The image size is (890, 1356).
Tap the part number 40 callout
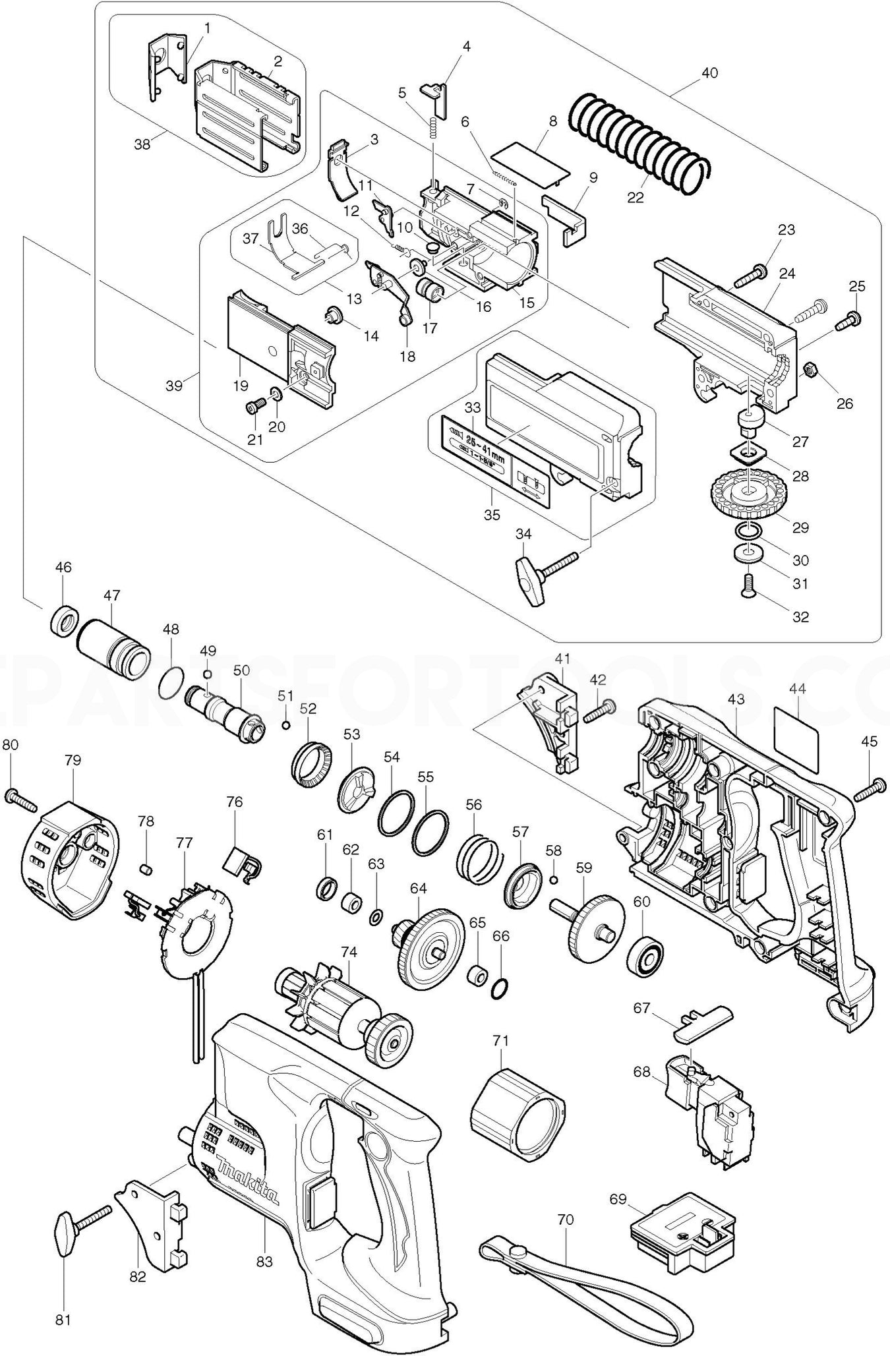click(709, 73)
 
